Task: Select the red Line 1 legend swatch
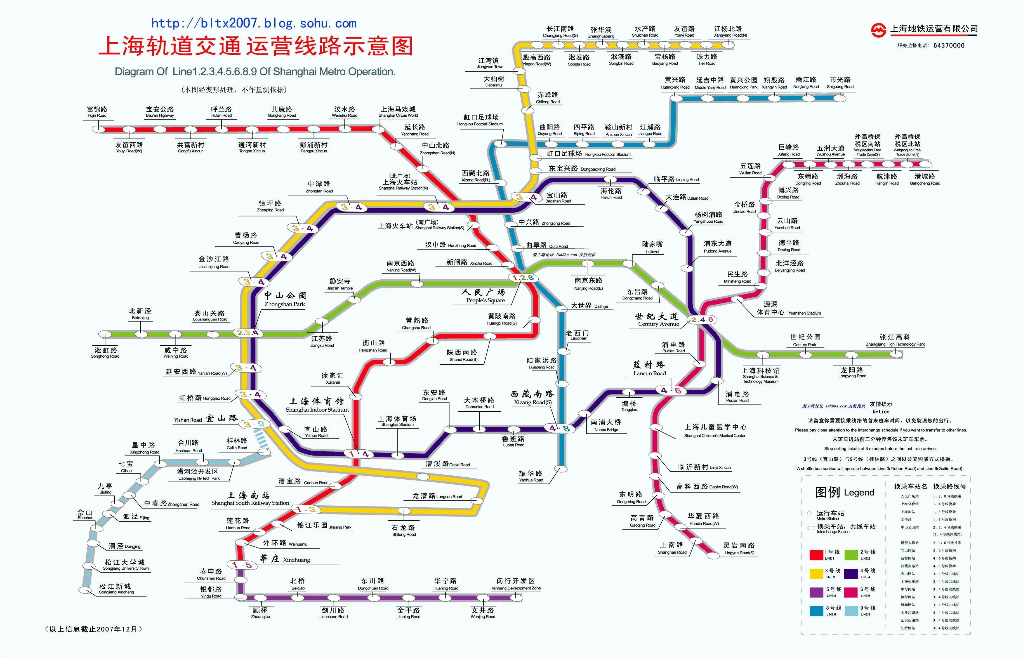[x=816, y=555]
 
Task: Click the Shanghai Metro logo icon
[x=879, y=30]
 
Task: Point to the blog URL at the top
[x=254, y=23]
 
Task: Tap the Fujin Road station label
[x=97, y=112]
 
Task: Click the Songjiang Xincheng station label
[x=116, y=589]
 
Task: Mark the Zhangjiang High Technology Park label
[x=895, y=340]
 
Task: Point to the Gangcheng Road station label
[x=925, y=179]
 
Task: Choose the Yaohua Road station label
[x=531, y=476]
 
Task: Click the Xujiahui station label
[x=333, y=378]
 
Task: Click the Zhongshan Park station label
[x=285, y=299]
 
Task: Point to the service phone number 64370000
[x=949, y=45]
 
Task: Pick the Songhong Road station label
[x=105, y=353]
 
